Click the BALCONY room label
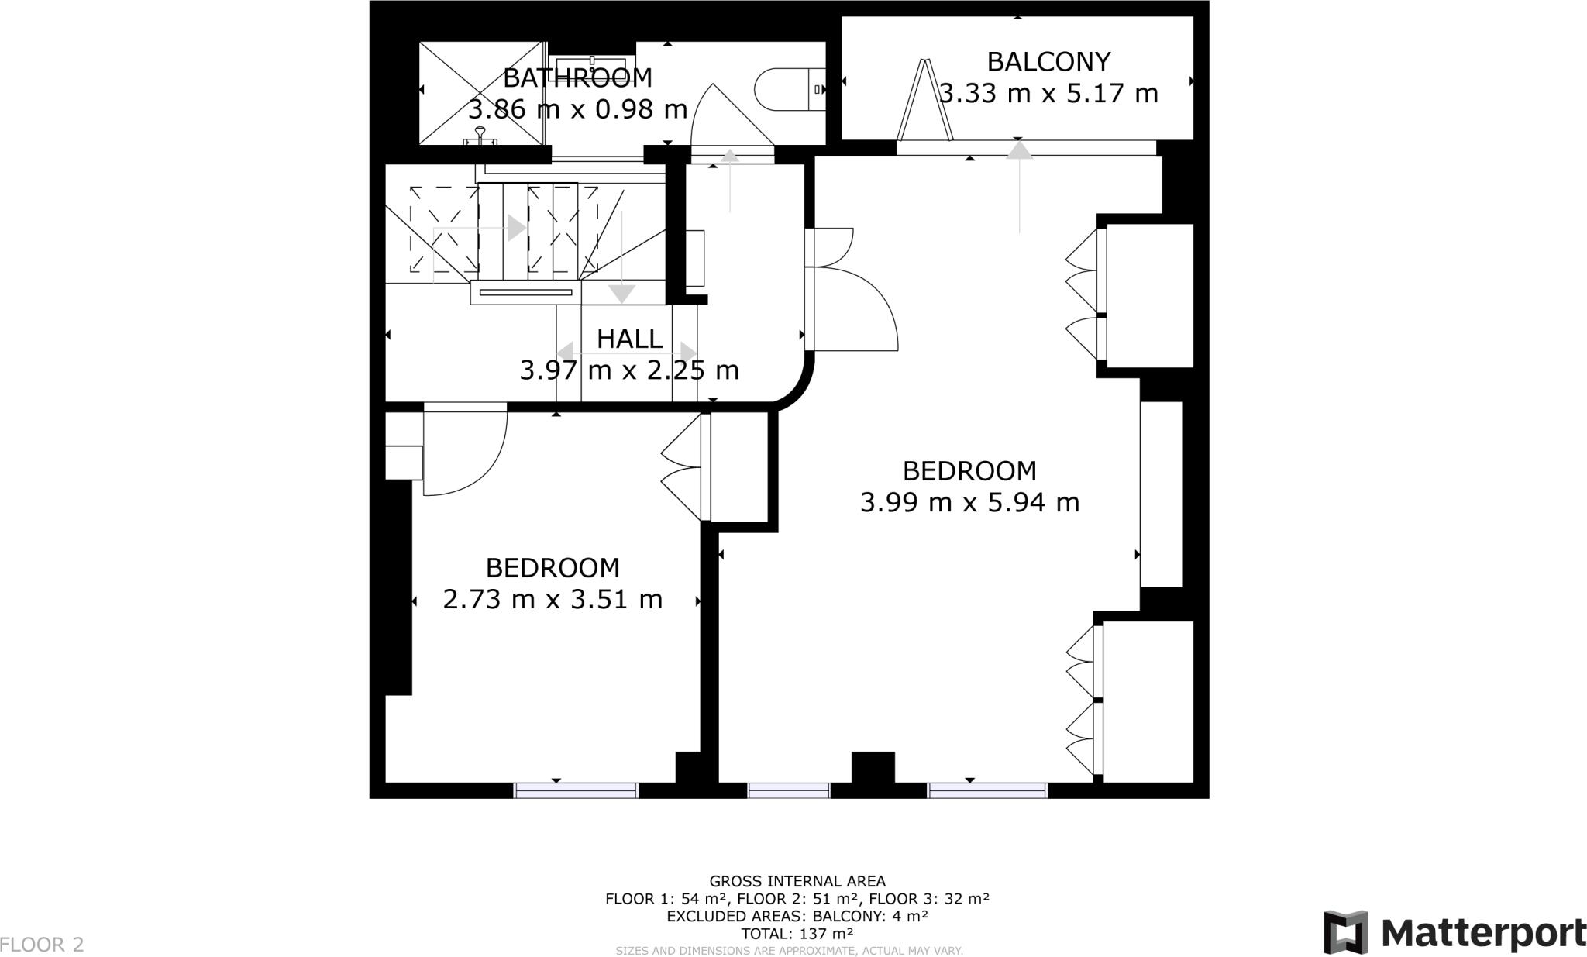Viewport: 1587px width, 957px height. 1048,61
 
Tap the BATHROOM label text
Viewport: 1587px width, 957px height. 577,78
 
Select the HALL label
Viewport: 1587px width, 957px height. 629,339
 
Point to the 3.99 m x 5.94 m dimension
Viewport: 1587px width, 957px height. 969,502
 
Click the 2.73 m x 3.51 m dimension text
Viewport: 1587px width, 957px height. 553,599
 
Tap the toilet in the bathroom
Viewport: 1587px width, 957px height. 790,89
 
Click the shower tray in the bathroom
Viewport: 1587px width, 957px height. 482,93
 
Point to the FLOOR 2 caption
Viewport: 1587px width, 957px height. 42,945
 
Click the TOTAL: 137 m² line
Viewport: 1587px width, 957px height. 797,934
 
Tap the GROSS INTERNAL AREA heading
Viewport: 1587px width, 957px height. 797,881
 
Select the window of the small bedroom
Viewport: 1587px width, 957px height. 576,790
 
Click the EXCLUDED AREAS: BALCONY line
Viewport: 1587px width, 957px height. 797,916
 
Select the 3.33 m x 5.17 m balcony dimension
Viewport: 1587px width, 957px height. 1048,93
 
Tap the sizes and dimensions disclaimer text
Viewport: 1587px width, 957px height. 790,951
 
